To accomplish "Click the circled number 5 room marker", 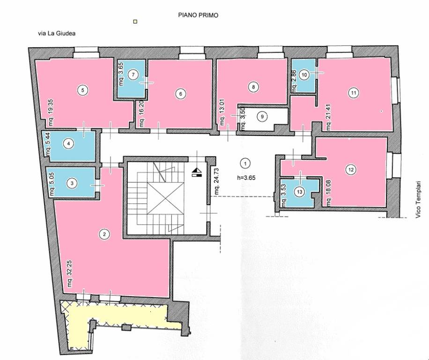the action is [83, 90].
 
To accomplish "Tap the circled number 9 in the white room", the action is [262, 117].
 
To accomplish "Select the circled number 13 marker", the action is [300, 192].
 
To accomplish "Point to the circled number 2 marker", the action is [104, 234].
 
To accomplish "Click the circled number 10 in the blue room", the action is [304, 75].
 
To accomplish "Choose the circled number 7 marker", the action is [133, 75].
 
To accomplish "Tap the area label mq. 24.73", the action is [216, 181].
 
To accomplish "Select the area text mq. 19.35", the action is [50, 112].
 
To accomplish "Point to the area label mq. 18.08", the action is [328, 193].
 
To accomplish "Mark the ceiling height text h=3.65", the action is [246, 178].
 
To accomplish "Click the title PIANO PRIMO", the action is [198, 15].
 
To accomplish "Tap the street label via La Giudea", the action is [57, 33].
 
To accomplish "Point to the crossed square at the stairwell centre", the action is [165, 199].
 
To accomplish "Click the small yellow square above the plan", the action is [135, 22].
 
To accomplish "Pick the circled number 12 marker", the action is [351, 170].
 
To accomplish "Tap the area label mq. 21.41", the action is [328, 117].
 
